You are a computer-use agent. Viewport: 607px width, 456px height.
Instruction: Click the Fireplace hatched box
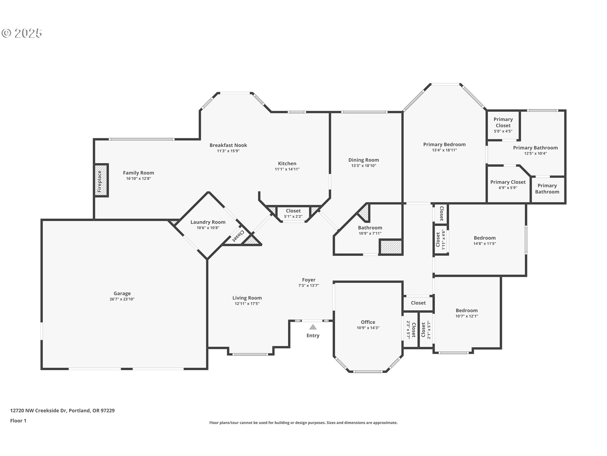[x=101, y=180]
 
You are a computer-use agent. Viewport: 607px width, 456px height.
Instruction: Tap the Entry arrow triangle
[x=313, y=327]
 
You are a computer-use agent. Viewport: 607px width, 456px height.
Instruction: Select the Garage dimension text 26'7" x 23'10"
[x=122, y=299]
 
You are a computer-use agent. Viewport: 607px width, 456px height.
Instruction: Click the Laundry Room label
[x=208, y=222]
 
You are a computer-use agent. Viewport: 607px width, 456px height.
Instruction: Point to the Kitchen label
[x=287, y=163]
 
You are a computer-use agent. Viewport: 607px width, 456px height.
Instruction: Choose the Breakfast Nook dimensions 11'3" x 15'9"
[x=228, y=151]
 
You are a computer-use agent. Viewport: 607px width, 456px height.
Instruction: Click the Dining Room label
[x=364, y=160]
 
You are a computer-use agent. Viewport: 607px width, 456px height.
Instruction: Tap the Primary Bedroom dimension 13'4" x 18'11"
[x=444, y=150]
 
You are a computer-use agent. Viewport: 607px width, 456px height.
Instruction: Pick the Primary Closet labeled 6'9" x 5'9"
[x=508, y=185]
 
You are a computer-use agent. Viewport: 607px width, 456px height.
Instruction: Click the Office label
[x=368, y=322]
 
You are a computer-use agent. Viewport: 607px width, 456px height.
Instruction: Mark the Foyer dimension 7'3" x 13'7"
[x=309, y=286]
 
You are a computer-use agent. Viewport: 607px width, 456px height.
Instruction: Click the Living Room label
[x=247, y=298]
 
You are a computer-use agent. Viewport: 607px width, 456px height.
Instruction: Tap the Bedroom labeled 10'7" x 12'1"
[x=467, y=313]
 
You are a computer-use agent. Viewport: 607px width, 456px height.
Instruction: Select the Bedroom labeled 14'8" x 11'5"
[x=485, y=241]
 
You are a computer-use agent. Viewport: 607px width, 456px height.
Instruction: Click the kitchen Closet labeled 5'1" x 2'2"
[x=293, y=213]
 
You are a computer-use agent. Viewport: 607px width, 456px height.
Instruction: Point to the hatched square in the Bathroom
[x=391, y=247]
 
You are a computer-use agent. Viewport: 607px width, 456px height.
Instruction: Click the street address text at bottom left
[x=62, y=410]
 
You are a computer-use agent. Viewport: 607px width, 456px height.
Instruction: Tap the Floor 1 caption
[x=18, y=421]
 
